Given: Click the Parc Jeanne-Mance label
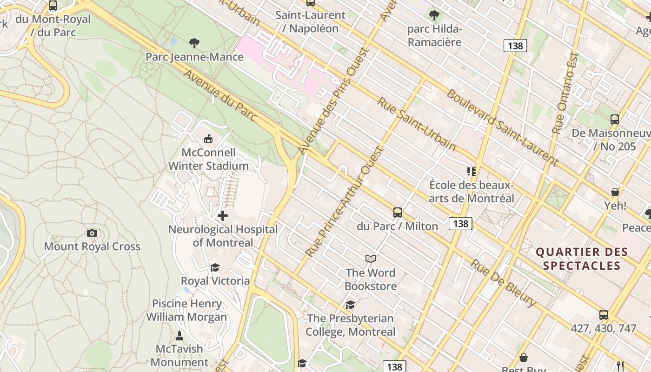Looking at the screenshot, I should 194,57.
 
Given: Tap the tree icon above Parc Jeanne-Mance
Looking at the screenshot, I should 194,43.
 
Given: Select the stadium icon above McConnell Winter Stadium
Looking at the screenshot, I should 208,139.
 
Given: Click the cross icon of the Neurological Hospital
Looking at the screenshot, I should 223,216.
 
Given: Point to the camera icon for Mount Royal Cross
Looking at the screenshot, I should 92,233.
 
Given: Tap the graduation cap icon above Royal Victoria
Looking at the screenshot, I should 215,267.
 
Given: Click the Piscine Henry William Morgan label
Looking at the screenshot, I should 186,310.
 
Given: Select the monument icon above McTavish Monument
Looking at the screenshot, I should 179,335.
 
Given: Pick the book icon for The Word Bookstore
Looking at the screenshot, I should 371,259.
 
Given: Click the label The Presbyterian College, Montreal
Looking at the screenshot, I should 351,325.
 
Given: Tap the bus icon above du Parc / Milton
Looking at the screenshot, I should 398,213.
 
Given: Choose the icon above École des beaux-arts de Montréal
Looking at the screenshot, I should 472,172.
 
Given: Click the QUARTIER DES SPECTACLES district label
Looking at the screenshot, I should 582,259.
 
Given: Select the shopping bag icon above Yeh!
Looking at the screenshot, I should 615,192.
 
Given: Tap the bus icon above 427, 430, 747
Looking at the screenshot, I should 604,315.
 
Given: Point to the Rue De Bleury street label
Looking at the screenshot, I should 503,283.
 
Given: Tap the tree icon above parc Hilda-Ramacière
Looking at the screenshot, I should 434,15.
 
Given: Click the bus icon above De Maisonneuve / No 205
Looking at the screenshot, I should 615,120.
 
